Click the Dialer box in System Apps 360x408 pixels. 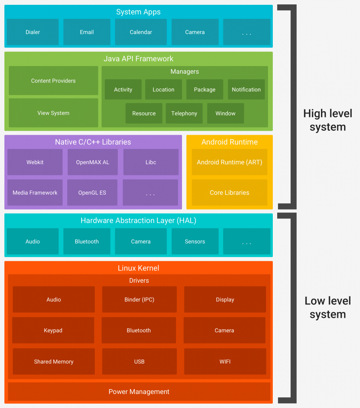coord(33,32)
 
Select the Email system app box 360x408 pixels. coord(87,32)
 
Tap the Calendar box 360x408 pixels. coord(141,32)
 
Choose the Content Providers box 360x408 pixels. coord(53,80)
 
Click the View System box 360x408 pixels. coord(53,113)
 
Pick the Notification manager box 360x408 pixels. coord(246,90)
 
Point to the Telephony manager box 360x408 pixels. coord(184,113)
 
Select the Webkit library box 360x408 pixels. coord(35,162)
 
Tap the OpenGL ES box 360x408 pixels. coord(92,192)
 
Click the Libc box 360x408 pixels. coord(151,162)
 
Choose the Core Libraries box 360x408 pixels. coord(229,192)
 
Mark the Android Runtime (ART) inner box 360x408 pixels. coord(229,162)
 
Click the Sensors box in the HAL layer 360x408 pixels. coord(195,241)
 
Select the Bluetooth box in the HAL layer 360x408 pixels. coord(87,241)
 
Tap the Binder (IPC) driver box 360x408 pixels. coord(139,299)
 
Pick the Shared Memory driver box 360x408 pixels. coord(54,361)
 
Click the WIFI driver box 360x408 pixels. coord(225,361)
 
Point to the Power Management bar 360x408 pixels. coord(139,392)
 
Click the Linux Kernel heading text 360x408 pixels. coord(139,268)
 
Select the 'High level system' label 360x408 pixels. coord(328,120)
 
